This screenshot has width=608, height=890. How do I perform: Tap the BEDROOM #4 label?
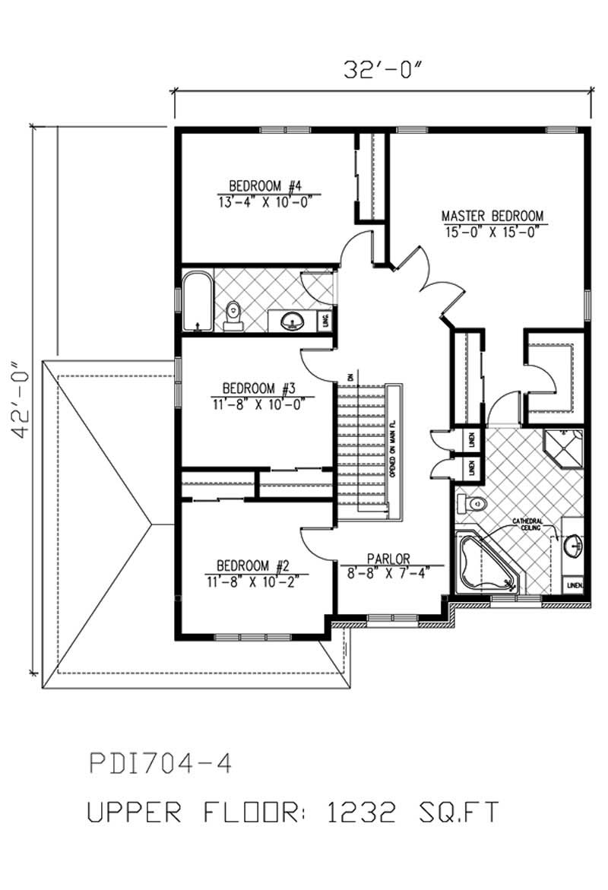[265, 185]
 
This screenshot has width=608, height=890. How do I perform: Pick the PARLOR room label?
[389, 559]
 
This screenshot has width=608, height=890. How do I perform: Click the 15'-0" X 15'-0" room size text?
[494, 230]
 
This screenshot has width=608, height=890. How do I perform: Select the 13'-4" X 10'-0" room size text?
[265, 200]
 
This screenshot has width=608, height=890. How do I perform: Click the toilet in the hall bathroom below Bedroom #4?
[234, 315]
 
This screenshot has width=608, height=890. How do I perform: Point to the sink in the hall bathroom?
[290, 321]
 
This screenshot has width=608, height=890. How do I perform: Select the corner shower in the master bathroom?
[566, 447]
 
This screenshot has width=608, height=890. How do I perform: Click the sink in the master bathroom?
[574, 545]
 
